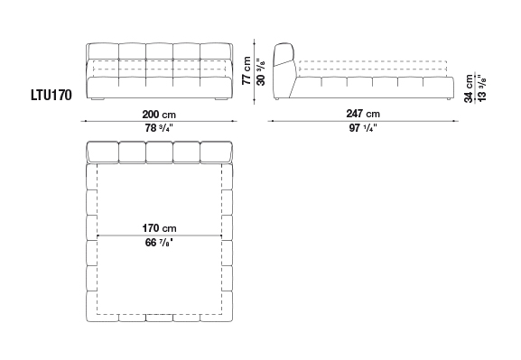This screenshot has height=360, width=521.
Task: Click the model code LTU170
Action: tap(51, 96)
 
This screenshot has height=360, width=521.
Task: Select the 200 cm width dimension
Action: tap(159, 115)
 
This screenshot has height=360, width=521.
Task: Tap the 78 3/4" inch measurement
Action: tap(159, 128)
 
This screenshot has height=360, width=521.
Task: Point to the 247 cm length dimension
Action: tap(363, 114)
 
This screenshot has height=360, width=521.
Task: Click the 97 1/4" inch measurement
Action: tap(363, 127)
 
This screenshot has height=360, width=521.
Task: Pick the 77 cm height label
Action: tap(247, 70)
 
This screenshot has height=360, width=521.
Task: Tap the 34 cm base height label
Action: tap(469, 88)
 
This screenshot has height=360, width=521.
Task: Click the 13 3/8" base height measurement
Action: tap(481, 88)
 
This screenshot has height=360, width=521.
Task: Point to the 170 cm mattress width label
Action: tap(160, 228)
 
